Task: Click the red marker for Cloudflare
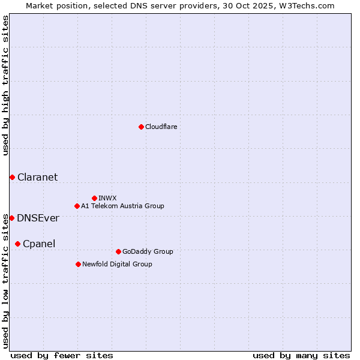point(141,127)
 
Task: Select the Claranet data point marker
point(12,177)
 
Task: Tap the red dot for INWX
point(94,198)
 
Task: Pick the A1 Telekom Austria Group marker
point(77,206)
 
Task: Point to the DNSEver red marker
point(11,218)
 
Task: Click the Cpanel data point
point(17,244)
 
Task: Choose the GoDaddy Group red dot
point(118,251)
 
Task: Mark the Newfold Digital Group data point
point(78,264)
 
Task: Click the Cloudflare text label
point(161,127)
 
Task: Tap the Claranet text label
point(37,177)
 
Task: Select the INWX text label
point(107,198)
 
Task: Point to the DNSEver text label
point(38,218)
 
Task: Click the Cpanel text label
point(38,244)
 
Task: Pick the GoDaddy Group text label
point(147,251)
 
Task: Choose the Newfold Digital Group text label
point(117,264)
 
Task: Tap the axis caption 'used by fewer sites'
point(62,355)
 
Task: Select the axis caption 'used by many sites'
point(301,355)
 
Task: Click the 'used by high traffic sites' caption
point(5,85)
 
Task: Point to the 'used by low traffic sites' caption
point(5,280)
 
